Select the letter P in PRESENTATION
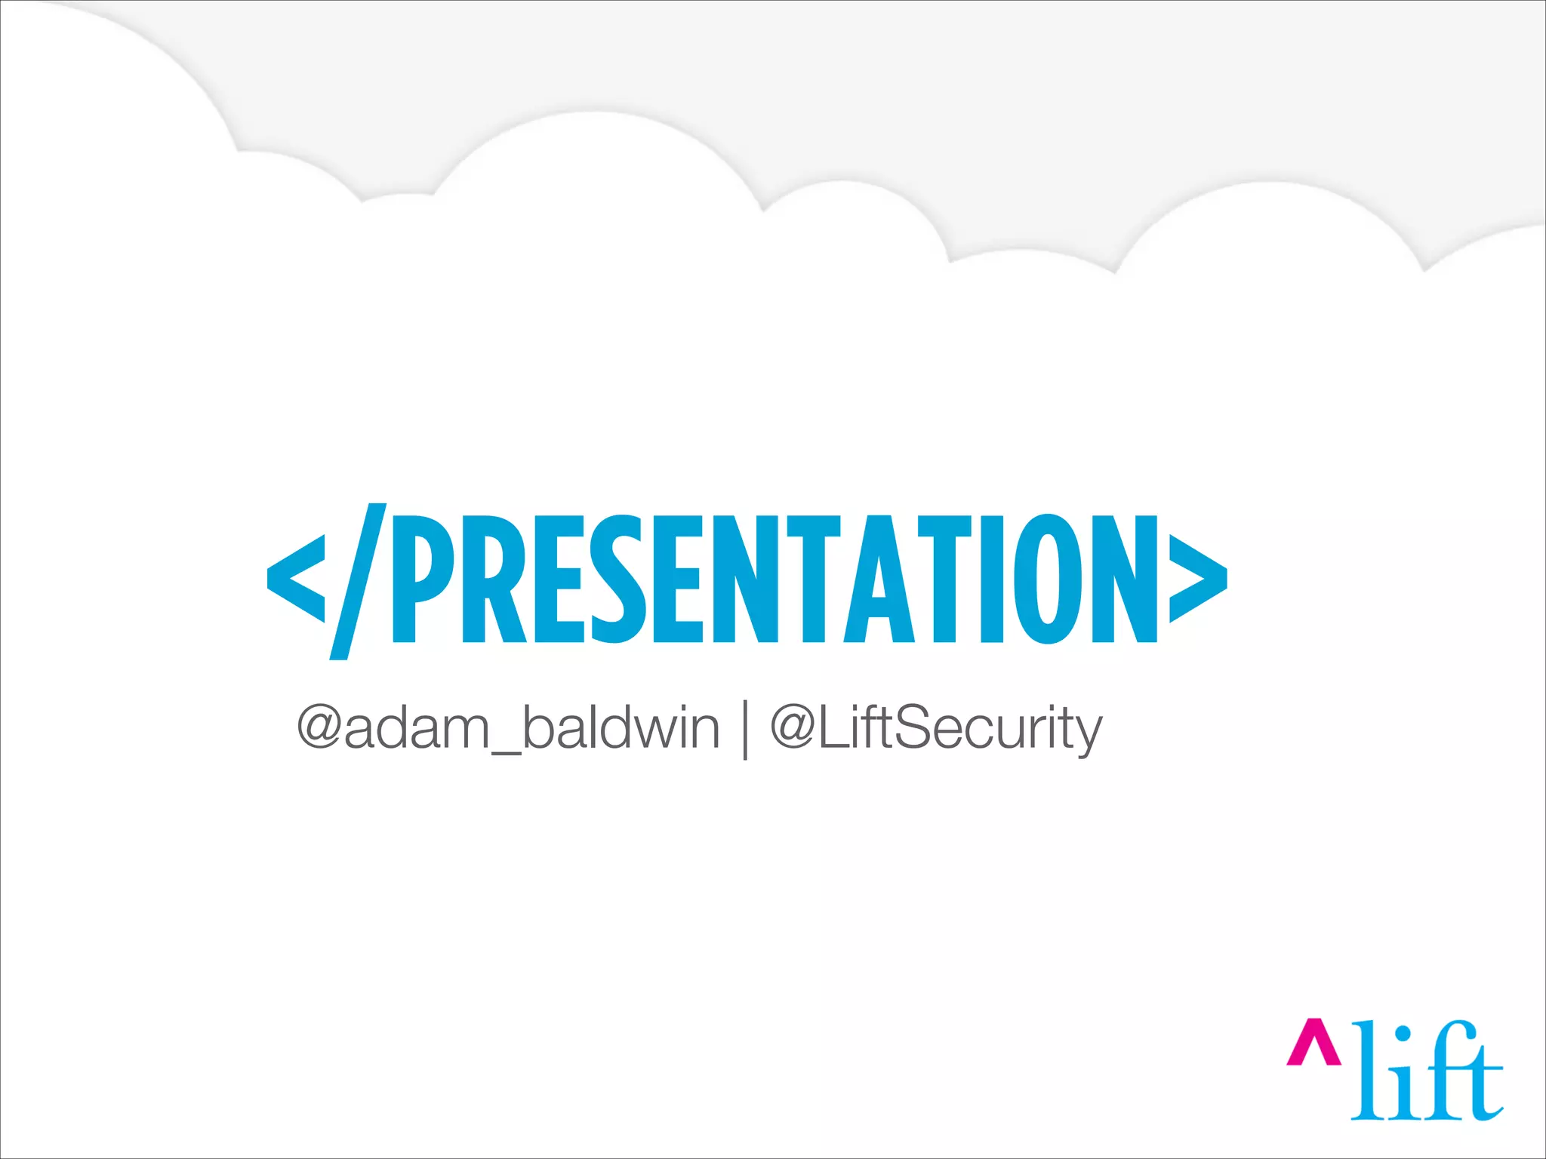pyautogui.click(x=421, y=579)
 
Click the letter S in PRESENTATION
pyautogui.click(x=619, y=579)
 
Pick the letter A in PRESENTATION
pyautogui.click(x=879, y=579)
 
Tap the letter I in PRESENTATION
pyautogui.click(x=992, y=579)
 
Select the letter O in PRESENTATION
pyautogui.click(x=1049, y=579)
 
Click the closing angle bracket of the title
pyautogui.click(x=1198, y=579)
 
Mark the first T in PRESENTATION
pyautogui.click(x=814, y=579)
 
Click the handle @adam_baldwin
pyautogui.click(x=508, y=727)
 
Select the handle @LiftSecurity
pyautogui.click(x=936, y=729)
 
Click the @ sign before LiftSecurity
pyautogui.click(x=793, y=727)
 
